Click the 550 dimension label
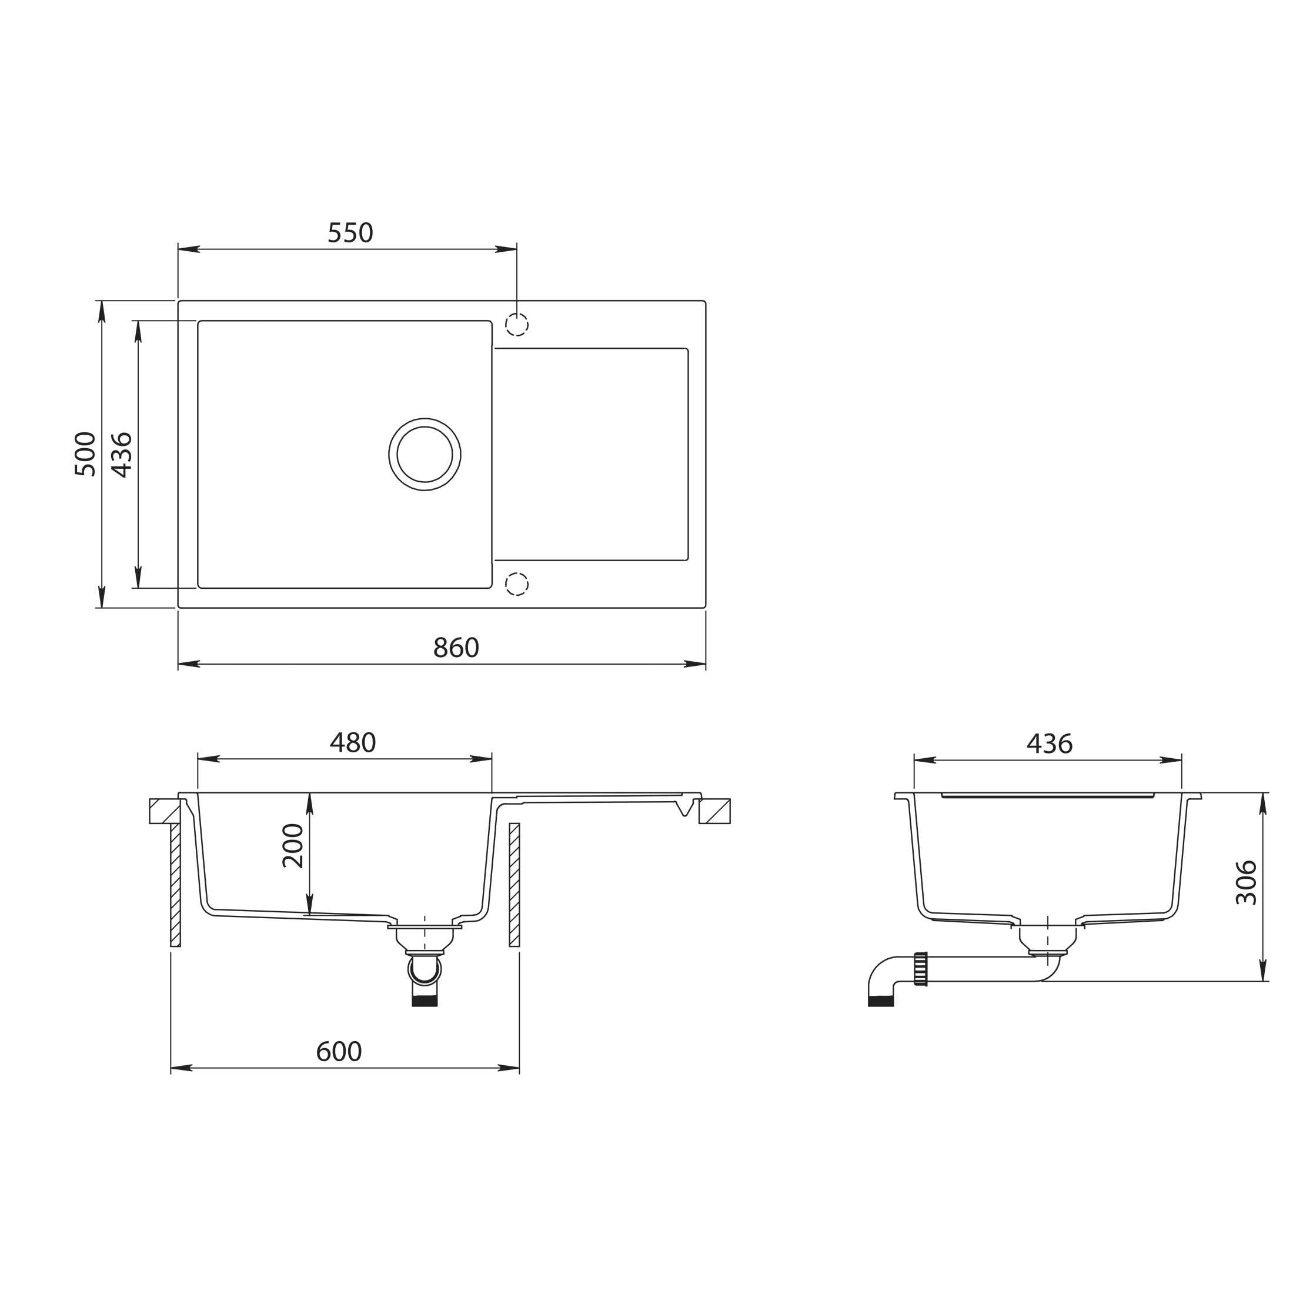[x=350, y=233]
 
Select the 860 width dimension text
[x=456, y=648]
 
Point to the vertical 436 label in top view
[x=122, y=454]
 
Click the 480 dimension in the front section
[x=352, y=743]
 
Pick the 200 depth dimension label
[x=293, y=846]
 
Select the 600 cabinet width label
[x=339, y=1052]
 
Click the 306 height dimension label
[x=1246, y=882]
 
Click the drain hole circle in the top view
[x=425, y=454]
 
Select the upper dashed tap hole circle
[x=516, y=325]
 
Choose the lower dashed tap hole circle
[x=516, y=585]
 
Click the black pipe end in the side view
[x=881, y=1001]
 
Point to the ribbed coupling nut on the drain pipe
[x=921, y=969]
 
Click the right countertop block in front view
[x=715, y=811]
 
